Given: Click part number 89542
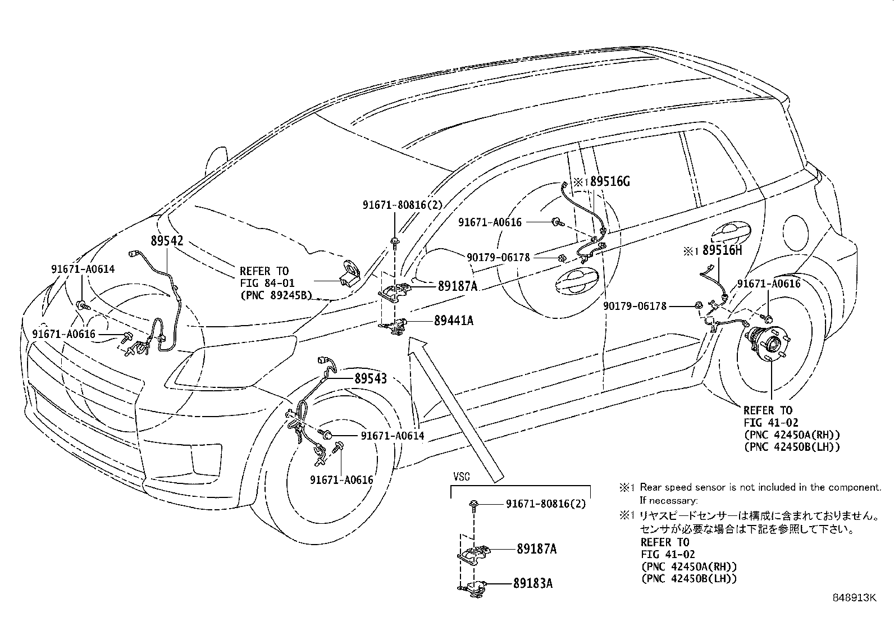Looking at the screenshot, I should [167, 241].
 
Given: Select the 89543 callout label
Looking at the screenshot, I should [370, 378].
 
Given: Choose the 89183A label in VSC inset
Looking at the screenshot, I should [532, 583].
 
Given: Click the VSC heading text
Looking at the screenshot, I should [462, 477].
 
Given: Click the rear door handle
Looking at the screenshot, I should [729, 230].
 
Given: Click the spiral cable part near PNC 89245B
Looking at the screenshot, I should [350, 276].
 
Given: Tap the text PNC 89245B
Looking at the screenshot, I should [275, 294].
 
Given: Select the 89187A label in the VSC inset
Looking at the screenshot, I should [536, 549].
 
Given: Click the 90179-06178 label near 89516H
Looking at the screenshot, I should [635, 306].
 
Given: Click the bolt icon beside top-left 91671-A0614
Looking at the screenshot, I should [84, 306].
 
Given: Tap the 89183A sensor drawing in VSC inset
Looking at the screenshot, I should [472, 586].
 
